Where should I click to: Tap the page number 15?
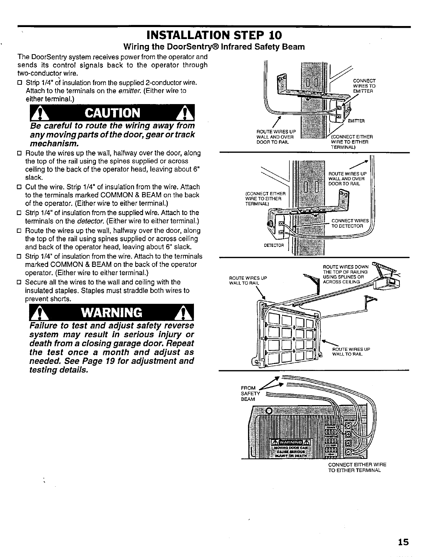tap(404, 542)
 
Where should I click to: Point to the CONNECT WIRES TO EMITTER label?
tap(364, 85)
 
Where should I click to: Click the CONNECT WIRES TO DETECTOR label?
tap(350, 223)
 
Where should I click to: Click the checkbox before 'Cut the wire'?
tap(20, 187)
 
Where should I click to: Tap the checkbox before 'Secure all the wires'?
tap(20, 282)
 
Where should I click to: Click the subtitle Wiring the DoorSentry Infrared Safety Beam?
tap(213, 47)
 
